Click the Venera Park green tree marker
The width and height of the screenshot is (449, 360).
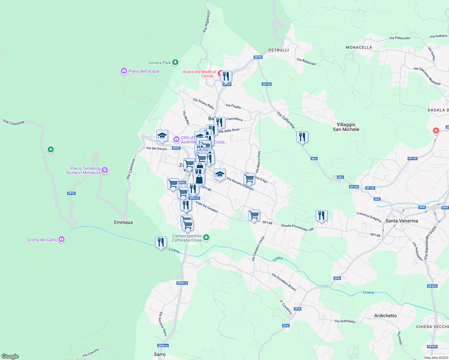(x=175, y=62)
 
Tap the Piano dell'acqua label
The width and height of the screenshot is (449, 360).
(x=143, y=71)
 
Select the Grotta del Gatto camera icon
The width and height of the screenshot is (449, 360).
(x=62, y=239)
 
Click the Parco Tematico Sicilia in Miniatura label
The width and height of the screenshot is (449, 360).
(x=83, y=170)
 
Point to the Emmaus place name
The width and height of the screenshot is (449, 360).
(x=123, y=222)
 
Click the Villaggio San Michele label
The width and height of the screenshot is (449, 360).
(x=346, y=127)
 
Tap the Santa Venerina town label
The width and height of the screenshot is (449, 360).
(x=401, y=221)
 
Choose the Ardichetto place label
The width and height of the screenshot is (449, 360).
(x=385, y=316)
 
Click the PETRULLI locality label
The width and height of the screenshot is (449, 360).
(x=279, y=50)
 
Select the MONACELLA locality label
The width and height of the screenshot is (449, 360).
(x=359, y=47)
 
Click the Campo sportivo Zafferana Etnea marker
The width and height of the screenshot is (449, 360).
(x=206, y=238)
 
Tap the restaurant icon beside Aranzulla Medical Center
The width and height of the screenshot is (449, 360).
(x=226, y=77)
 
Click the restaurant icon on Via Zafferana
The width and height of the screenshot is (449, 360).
(x=302, y=137)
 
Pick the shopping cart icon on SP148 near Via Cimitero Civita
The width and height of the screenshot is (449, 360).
(x=254, y=215)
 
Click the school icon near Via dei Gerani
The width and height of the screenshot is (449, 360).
(x=162, y=136)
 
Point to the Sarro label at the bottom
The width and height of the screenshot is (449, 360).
(x=160, y=354)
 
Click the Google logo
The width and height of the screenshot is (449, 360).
(x=10, y=356)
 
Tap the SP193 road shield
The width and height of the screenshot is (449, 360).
(x=267, y=84)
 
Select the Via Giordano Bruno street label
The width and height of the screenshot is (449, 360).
(x=284, y=282)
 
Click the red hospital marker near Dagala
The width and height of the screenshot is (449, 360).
(x=436, y=131)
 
